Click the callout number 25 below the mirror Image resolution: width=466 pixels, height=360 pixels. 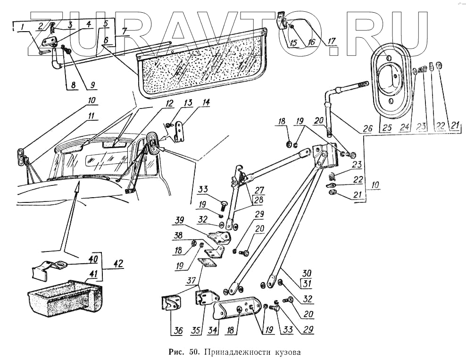click(x=387, y=127)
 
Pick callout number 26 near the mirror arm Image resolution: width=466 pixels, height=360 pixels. click(x=368, y=127)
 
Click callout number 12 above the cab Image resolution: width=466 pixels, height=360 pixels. click(x=169, y=103)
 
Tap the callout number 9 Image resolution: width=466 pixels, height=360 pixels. click(x=92, y=85)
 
